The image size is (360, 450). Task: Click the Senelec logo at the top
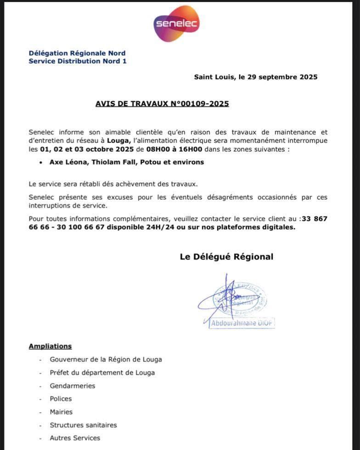pyautogui.click(x=176, y=23)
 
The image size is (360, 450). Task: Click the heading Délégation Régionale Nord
pyautogui.click(x=77, y=53)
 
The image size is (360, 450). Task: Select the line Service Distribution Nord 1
pyautogui.click(x=77, y=61)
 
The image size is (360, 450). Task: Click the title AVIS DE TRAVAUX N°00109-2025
pyautogui.click(x=162, y=104)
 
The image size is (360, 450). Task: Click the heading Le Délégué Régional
pyautogui.click(x=226, y=257)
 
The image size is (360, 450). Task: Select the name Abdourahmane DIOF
pyautogui.click(x=242, y=323)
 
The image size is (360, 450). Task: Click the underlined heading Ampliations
pyautogui.click(x=50, y=346)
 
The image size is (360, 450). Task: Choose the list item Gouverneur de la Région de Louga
pyautogui.click(x=106, y=360)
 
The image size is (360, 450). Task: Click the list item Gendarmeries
pyautogui.click(x=73, y=386)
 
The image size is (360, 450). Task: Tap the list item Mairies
pyautogui.click(x=61, y=412)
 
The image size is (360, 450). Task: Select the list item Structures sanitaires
pyautogui.click(x=83, y=425)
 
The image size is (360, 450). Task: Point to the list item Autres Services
pyautogui.click(x=75, y=438)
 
